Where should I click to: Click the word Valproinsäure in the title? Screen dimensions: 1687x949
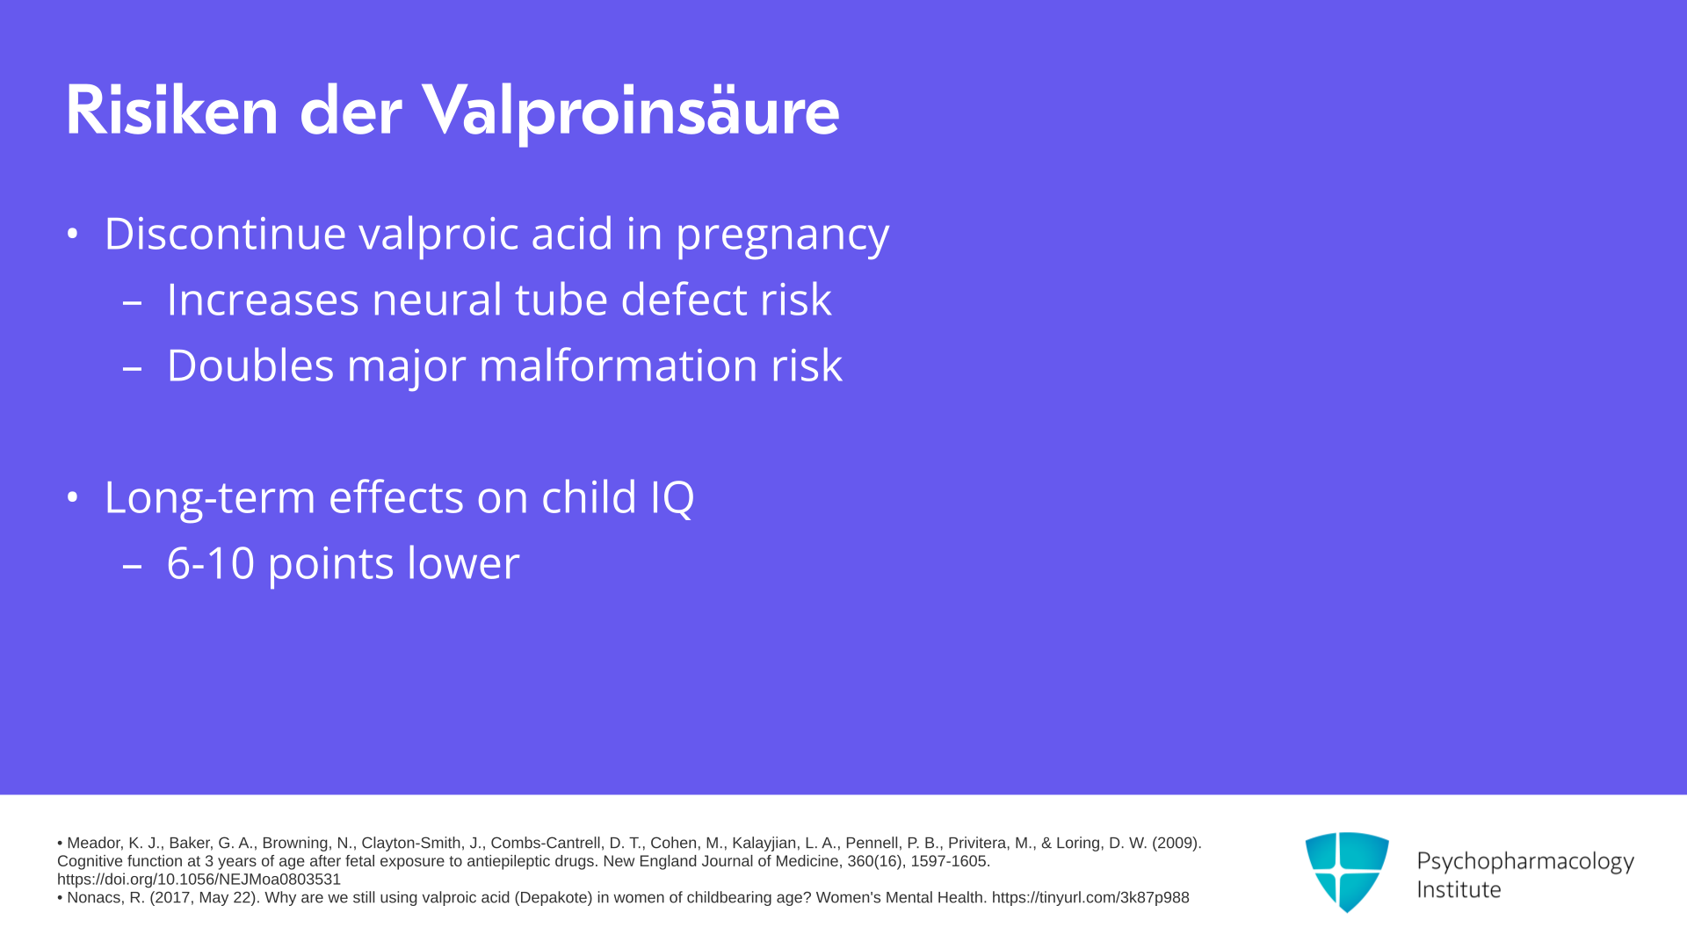630,112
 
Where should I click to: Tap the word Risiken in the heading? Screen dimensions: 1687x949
172,111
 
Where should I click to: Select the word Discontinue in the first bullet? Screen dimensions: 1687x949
226,234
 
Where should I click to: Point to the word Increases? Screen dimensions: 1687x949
263,300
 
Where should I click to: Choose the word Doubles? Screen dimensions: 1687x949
250,366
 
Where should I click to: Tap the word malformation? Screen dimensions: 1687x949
618,366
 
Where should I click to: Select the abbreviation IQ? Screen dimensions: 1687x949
672,498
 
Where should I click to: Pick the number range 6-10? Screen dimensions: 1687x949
211,563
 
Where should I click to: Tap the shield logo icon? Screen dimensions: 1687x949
1347,872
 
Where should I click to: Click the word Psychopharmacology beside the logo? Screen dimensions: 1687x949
1525,862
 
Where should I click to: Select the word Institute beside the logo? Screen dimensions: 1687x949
1459,890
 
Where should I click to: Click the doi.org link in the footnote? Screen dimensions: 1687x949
199,880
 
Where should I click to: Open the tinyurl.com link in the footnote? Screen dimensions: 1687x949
1090,898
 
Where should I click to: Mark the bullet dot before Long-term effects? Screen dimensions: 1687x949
73,498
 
